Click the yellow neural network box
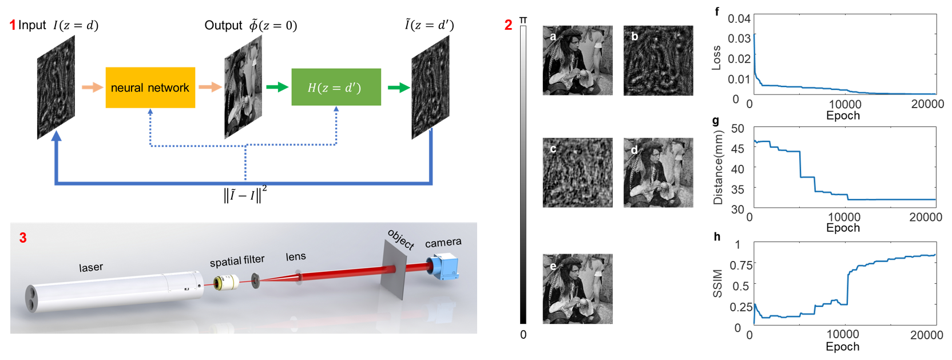point(150,88)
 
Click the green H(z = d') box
point(336,87)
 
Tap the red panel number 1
point(13,25)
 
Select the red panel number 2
point(508,25)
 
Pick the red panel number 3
point(23,238)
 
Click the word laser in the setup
point(91,267)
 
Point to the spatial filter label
point(237,261)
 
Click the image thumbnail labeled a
point(577,60)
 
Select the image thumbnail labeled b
point(658,60)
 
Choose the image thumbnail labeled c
point(577,172)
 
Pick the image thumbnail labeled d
point(658,172)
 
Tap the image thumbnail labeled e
point(577,289)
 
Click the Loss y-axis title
point(716,57)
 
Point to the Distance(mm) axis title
point(719,167)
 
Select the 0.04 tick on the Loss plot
point(739,18)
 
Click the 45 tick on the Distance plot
point(737,149)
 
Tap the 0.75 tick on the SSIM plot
point(741,265)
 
